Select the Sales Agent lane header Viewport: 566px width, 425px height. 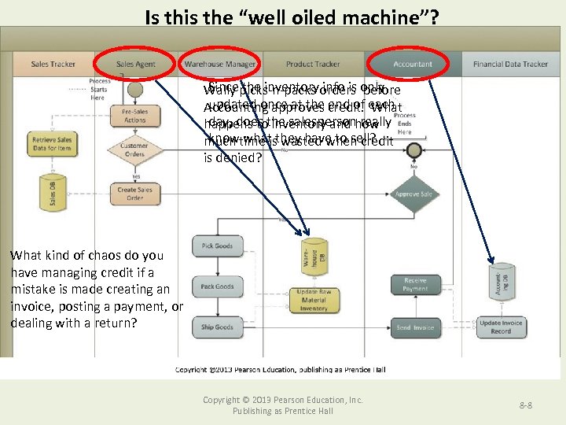(x=135, y=65)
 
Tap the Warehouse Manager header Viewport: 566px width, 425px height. (x=219, y=65)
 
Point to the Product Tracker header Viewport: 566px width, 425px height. (x=313, y=65)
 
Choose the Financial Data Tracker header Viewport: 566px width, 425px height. (x=510, y=65)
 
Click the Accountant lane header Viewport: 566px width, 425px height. (x=413, y=65)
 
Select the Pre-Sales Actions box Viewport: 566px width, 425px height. (x=134, y=116)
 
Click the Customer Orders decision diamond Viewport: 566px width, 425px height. (x=134, y=150)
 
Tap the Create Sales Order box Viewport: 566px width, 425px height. (x=134, y=193)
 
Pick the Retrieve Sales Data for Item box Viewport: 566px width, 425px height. (x=52, y=144)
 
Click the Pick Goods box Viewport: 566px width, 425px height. (x=217, y=246)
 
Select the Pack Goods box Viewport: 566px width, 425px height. (x=217, y=286)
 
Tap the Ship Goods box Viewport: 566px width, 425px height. (x=217, y=327)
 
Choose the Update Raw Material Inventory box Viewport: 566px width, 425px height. (x=313, y=300)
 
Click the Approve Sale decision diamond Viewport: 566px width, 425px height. (x=413, y=194)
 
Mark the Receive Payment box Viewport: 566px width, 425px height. (x=415, y=284)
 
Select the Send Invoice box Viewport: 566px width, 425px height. (x=415, y=327)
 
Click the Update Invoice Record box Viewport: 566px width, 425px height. (x=501, y=327)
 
